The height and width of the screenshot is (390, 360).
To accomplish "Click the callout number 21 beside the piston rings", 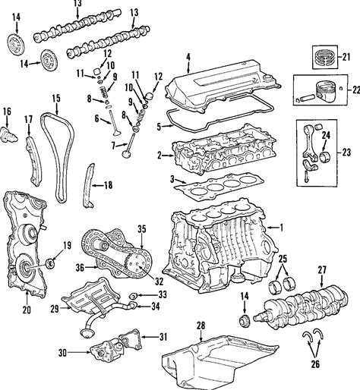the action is tap(346, 57).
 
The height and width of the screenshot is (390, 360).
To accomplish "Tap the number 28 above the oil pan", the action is tap(201, 326).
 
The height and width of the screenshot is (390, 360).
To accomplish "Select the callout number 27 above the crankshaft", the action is tap(322, 270).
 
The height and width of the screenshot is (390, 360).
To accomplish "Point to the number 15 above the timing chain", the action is tap(56, 99).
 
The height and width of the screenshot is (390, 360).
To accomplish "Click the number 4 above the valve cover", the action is tap(188, 57).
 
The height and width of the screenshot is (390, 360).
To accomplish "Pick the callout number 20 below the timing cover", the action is tap(27, 310).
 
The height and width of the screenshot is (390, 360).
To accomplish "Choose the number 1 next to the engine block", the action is tap(280, 228).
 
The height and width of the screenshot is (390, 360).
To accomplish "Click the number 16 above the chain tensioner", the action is tap(7, 112).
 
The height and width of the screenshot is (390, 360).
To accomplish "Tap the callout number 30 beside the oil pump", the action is tap(62, 353).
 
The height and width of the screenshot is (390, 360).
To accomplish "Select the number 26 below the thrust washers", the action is tap(315, 364).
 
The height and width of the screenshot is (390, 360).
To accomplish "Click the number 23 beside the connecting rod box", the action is tap(346, 153).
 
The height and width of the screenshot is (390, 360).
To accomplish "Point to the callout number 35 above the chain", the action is tap(142, 229).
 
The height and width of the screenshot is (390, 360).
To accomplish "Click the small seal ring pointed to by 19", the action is tap(51, 263).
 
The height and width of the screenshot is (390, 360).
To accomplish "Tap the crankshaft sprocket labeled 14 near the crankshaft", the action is tap(245, 321).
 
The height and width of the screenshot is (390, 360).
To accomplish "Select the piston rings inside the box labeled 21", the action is tap(325, 57).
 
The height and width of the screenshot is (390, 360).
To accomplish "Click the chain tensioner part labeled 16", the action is tap(9, 135).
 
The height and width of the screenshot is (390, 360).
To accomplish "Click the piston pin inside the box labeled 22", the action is tap(306, 97).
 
